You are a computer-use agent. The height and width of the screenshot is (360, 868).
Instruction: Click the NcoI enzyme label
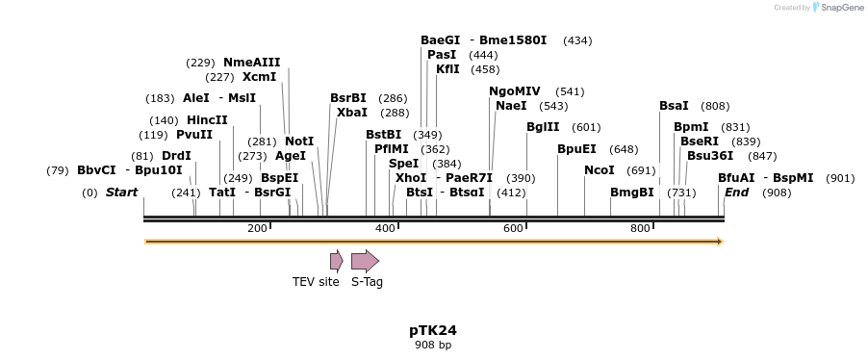coord(599,170)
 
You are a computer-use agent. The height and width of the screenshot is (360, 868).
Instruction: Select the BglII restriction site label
coord(542,127)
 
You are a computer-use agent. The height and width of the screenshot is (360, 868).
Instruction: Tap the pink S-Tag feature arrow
coord(365,261)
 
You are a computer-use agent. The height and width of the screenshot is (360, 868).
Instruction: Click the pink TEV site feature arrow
coord(336,261)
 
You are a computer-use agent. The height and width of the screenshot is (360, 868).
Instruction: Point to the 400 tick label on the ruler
coord(385,228)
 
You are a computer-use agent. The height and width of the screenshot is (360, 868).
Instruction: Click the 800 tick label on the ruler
coord(640,228)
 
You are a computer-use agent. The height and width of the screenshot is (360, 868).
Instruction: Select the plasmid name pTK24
coord(433,330)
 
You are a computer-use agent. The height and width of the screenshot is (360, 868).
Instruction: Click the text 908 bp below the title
coord(433,345)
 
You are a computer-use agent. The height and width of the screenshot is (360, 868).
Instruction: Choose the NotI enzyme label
coord(299,141)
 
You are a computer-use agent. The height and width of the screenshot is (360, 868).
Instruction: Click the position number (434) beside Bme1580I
coord(577,40)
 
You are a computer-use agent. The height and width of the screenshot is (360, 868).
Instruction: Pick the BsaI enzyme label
coord(674,106)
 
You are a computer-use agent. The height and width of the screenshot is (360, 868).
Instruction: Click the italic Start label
coord(121,193)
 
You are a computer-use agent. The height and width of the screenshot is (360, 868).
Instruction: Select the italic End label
coord(736,193)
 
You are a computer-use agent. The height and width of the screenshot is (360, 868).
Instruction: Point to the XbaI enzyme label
coord(351,113)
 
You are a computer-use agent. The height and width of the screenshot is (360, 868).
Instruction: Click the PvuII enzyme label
coord(194,135)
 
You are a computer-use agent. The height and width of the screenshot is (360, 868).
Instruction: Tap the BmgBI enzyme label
coord(631,193)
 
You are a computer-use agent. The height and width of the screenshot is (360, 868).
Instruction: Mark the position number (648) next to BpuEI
coord(624,149)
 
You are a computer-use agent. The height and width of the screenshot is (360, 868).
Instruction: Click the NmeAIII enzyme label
coord(251,63)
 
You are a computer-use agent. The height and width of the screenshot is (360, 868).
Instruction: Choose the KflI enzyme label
coord(447,69)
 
